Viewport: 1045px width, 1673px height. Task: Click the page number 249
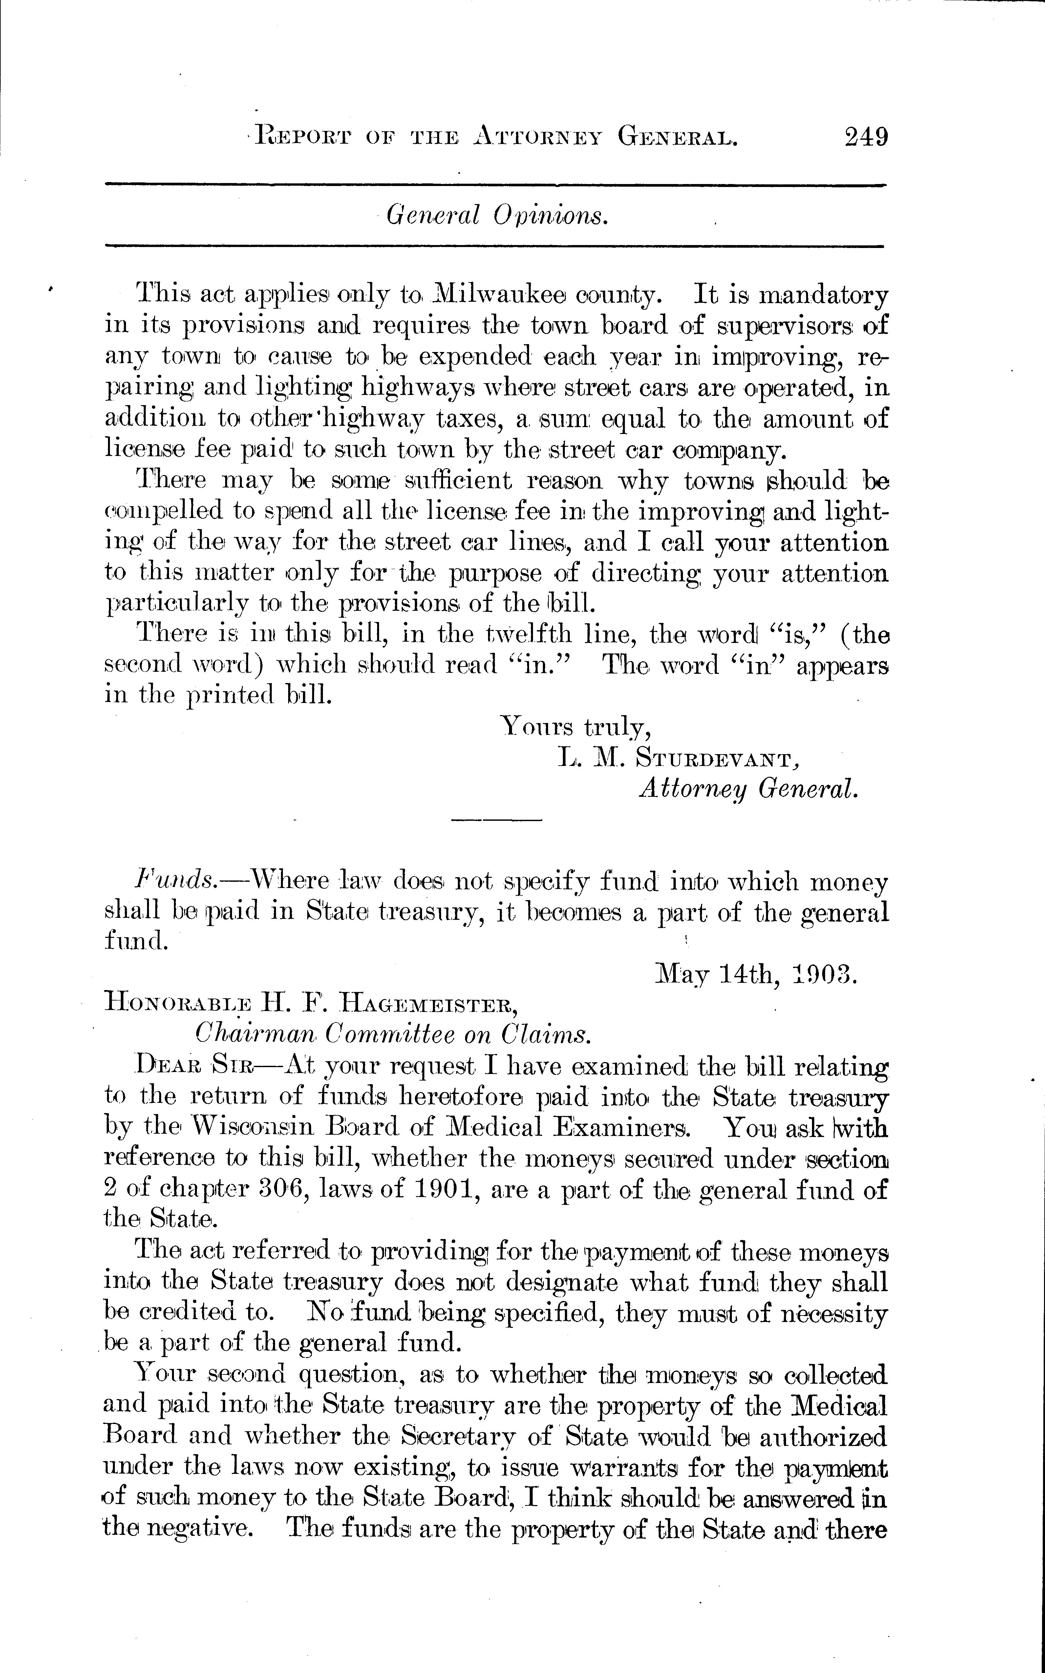865,136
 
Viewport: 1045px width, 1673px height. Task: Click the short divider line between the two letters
496,820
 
